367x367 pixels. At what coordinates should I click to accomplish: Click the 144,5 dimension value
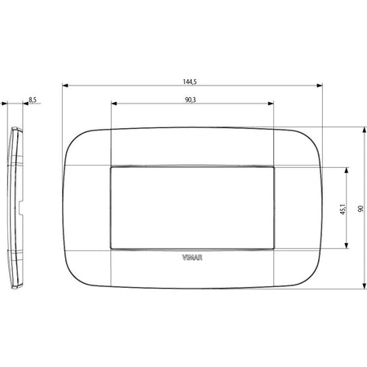[190, 82]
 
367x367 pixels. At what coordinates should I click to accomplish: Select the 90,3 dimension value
[190, 100]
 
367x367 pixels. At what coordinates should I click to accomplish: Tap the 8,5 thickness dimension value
[33, 100]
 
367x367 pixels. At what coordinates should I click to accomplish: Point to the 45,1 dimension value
[343, 209]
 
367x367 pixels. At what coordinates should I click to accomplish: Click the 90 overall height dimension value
[360, 209]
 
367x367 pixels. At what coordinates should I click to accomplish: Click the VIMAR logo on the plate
[192, 258]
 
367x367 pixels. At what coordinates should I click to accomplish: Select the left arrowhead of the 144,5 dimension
[65, 86]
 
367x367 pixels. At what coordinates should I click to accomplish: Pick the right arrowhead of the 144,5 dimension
[320, 86]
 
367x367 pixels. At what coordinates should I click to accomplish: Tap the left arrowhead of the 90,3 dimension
[114, 104]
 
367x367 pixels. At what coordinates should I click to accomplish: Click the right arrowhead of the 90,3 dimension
[271, 104]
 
